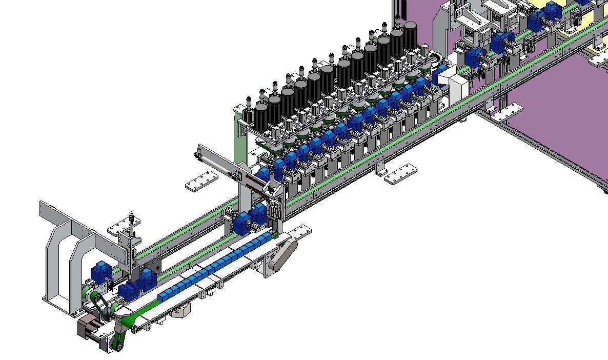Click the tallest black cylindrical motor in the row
click(410, 34)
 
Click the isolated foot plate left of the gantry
click(201, 182)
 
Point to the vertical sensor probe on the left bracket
click(133, 222)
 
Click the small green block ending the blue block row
click(275, 235)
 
